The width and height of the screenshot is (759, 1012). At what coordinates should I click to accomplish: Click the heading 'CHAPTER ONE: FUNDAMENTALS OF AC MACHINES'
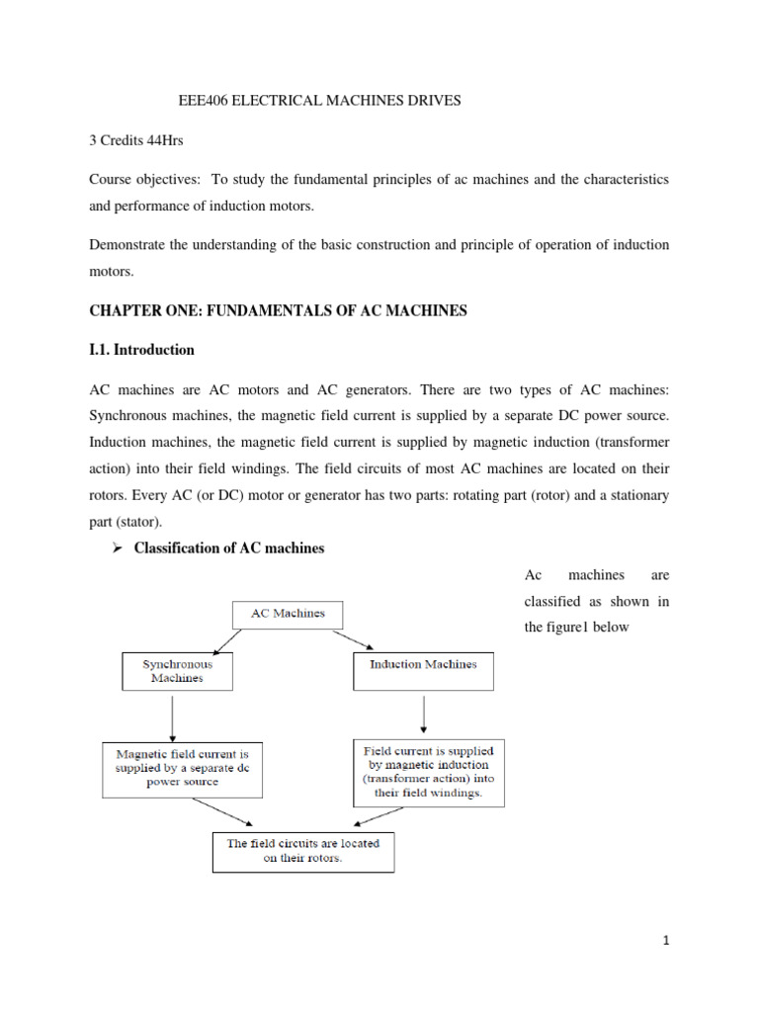point(277,311)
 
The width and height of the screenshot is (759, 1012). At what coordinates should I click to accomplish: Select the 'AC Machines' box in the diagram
point(288,614)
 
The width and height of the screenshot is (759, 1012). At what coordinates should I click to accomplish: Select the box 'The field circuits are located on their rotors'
point(302,850)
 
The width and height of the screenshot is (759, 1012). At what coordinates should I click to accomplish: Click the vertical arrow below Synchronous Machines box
point(173,717)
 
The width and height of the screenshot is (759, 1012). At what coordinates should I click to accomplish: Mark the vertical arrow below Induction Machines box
point(423,712)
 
